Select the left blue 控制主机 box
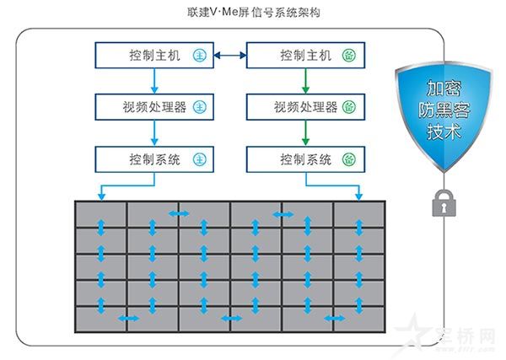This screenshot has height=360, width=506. click(153, 56)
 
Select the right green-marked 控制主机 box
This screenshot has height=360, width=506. click(304, 56)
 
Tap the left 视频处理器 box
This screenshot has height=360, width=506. click(153, 107)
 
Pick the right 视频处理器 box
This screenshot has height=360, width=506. click(304, 107)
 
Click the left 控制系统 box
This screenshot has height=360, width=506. click(153, 159)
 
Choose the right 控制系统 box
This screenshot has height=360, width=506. click(304, 159)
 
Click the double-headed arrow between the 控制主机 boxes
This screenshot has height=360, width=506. click(229, 56)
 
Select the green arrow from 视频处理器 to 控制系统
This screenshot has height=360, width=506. click(304, 132)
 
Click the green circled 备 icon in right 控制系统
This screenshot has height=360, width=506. click(350, 159)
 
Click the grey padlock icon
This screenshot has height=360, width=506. click(442, 203)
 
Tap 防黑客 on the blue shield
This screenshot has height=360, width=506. click(442, 110)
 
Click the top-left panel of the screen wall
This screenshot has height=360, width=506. click(101, 214)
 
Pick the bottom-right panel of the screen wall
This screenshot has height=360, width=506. click(359, 319)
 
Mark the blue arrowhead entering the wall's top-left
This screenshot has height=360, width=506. click(101, 196)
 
